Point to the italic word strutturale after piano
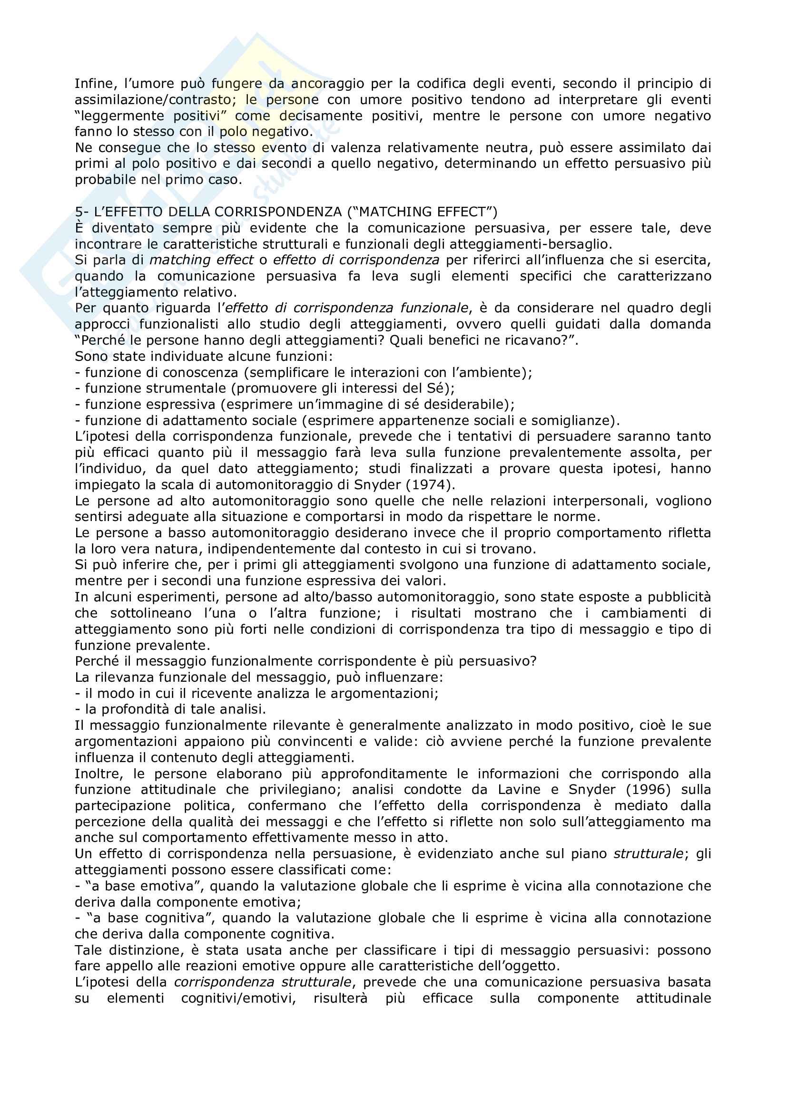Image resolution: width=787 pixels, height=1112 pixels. click(x=649, y=853)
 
